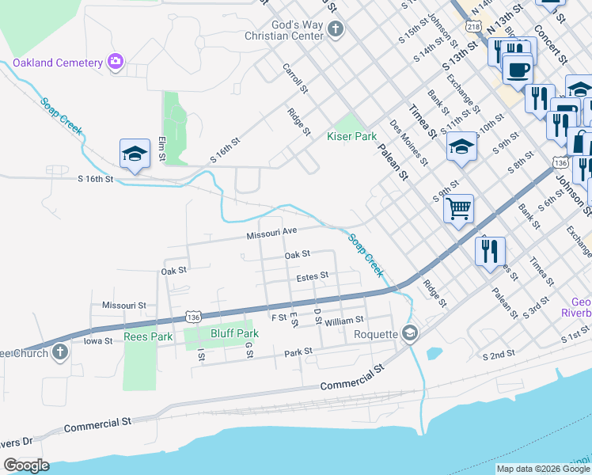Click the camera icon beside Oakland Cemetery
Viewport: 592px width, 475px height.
coord(116,62)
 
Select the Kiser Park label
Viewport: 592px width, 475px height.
coord(352,136)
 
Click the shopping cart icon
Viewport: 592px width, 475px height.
coord(458,209)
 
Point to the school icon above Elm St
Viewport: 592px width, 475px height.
coord(135,153)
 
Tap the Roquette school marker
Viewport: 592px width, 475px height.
coord(408,334)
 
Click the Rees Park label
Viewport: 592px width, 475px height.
coord(148,336)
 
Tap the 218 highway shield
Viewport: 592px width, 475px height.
coord(473,27)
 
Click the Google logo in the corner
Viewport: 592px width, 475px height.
coord(26,465)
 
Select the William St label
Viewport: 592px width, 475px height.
coord(343,320)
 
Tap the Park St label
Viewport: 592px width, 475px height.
coord(299,351)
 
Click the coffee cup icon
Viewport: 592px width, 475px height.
coord(518,70)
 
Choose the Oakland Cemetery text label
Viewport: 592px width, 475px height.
coord(58,63)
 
